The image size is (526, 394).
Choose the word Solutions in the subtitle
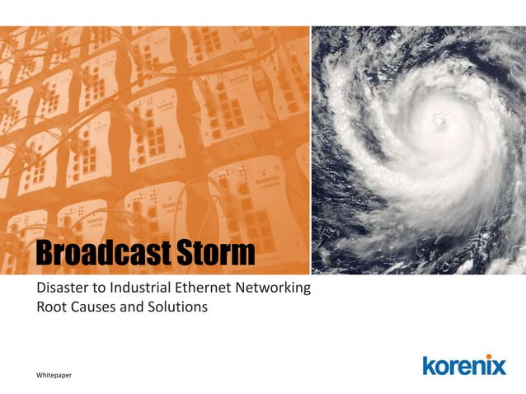tap(177, 307)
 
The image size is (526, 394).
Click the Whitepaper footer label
tap(54, 376)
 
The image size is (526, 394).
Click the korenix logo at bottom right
tap(463, 365)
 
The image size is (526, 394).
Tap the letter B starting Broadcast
tap(44, 254)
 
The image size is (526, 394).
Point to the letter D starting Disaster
tap(34, 288)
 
